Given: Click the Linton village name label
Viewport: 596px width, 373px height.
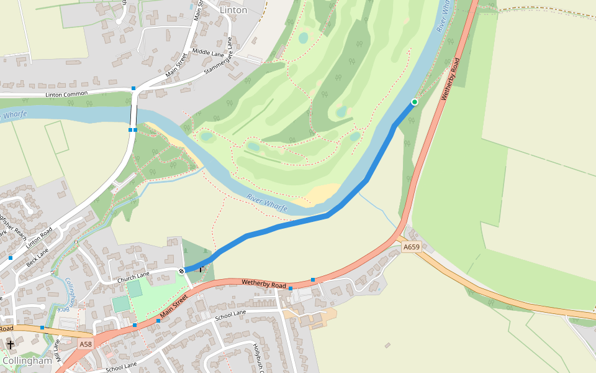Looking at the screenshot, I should pyautogui.click(x=233, y=10).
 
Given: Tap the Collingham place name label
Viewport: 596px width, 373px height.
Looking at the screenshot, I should pyautogui.click(x=27, y=361).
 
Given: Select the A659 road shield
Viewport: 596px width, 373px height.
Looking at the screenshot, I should pyautogui.click(x=411, y=247).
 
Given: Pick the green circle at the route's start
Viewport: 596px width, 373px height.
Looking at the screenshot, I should pyautogui.click(x=414, y=102).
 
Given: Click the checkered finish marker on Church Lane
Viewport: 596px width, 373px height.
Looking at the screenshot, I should pyautogui.click(x=181, y=270).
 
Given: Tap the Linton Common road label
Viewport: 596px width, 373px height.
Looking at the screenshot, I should pyautogui.click(x=66, y=94).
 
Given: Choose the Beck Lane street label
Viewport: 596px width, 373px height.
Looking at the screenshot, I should pyautogui.click(x=38, y=254).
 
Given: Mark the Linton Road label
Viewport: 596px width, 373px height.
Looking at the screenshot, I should pyautogui.click(x=38, y=237).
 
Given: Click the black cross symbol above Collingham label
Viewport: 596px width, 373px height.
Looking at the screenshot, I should pyautogui.click(x=10, y=344).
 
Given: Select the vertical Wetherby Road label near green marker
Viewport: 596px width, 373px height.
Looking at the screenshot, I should pyautogui.click(x=450, y=80).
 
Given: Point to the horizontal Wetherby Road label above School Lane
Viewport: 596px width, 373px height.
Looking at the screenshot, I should pyautogui.click(x=263, y=284).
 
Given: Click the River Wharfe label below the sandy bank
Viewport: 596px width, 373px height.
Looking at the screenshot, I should pyautogui.click(x=266, y=203).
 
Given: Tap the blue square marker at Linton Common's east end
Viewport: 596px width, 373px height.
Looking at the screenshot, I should pyautogui.click(x=133, y=88).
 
